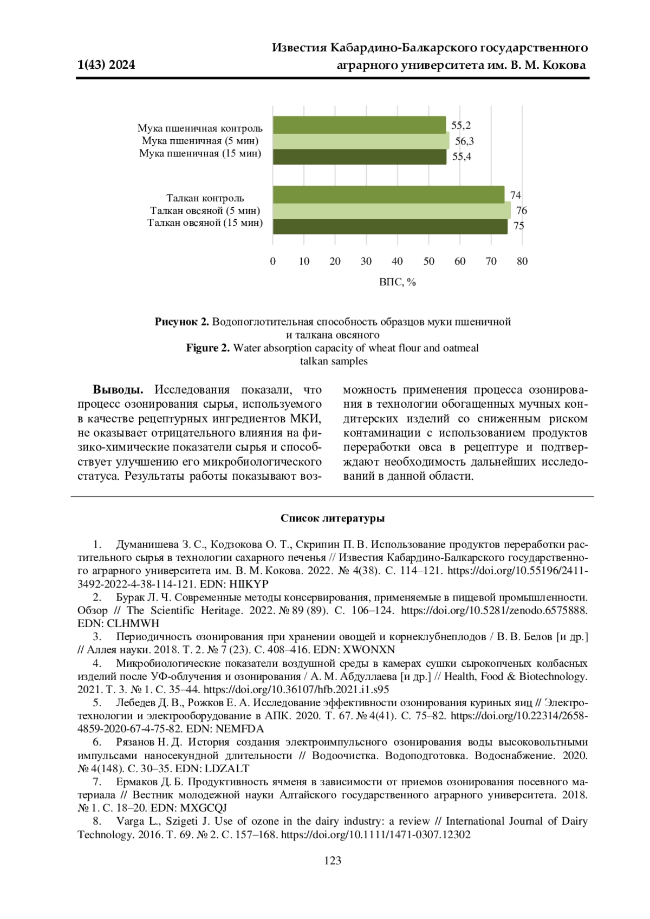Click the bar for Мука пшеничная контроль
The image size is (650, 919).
click(359, 125)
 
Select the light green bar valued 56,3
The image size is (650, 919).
click(361, 141)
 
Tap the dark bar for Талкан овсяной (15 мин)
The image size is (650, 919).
click(390, 226)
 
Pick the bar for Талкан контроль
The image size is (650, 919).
click(388, 194)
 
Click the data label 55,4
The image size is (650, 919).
click(461, 157)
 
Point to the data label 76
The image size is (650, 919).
click(521, 210)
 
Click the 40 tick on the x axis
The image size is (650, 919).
click(397, 261)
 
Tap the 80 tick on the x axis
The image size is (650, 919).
click(522, 261)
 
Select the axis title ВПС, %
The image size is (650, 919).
click(397, 282)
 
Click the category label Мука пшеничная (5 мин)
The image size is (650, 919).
click(200, 141)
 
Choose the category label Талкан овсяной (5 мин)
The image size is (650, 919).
click(205, 210)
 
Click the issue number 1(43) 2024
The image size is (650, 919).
click(106, 65)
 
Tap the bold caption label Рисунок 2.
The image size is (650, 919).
click(181, 322)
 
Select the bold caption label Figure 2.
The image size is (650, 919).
click(208, 348)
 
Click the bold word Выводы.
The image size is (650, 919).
click(118, 389)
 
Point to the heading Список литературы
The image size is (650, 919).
click(333, 518)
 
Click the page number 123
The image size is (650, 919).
click(333, 861)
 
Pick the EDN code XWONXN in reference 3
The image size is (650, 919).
click(368, 649)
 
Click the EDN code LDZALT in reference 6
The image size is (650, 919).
click(227, 768)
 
